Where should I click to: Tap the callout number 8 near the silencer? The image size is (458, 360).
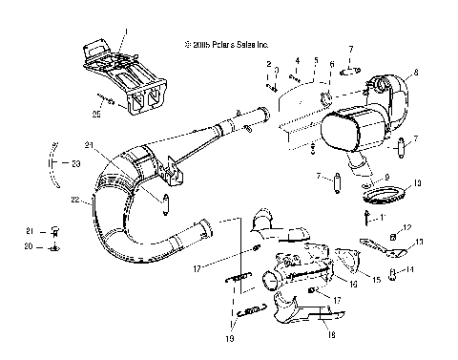416,73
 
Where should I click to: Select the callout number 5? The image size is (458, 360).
315,60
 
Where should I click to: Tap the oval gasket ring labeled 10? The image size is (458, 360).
383,199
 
